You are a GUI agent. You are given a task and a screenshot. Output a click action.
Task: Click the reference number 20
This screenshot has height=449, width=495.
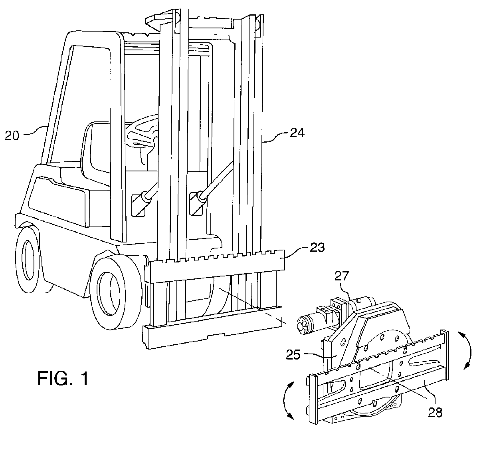[x=12, y=135]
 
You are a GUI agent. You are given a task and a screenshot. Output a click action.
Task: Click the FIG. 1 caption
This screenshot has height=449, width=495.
[x=63, y=378]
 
